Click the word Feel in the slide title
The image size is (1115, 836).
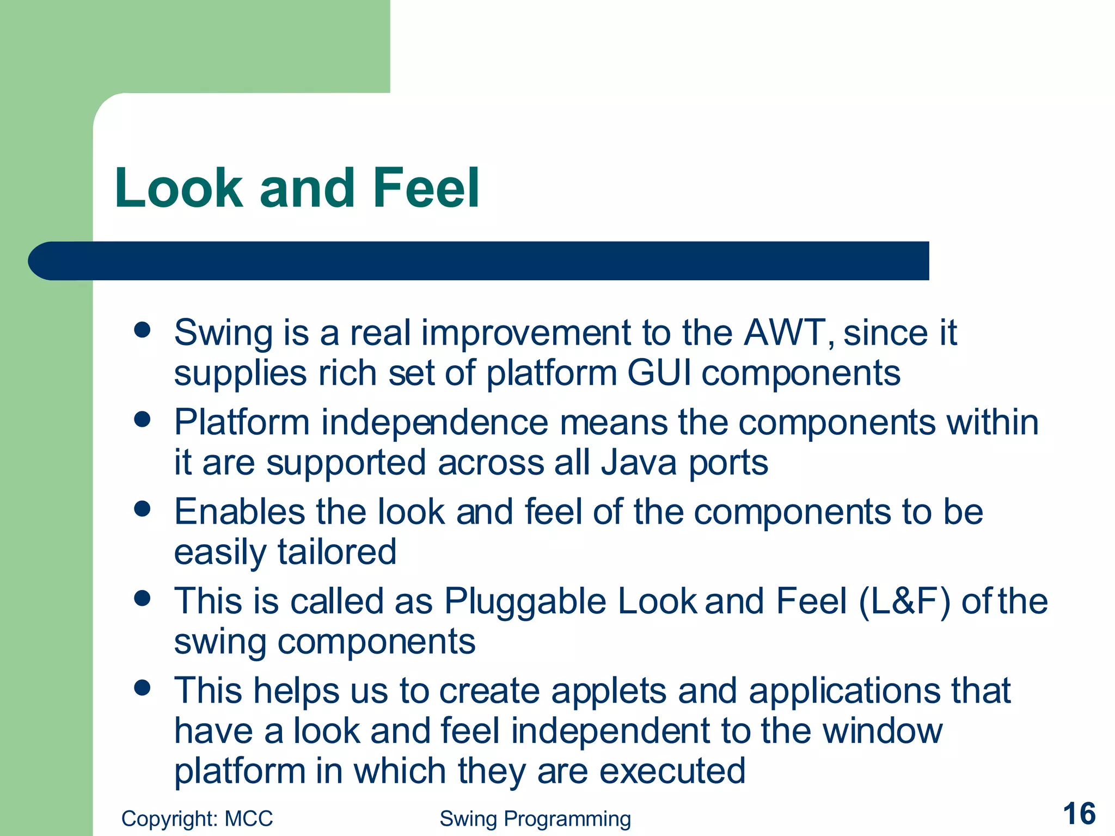tap(426, 188)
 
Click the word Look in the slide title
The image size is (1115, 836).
tap(179, 188)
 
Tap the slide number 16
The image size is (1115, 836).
tap(1079, 814)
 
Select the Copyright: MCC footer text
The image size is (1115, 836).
tap(197, 819)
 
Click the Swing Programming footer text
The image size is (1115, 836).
tap(535, 819)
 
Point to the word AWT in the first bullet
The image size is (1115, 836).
tap(787, 333)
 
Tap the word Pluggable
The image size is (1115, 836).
tap(525, 602)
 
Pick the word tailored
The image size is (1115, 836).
tap(337, 552)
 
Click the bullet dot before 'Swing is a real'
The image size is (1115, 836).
tap(142, 330)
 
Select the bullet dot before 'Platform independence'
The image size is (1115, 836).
tap(142, 420)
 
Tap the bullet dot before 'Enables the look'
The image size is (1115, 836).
tap(142, 509)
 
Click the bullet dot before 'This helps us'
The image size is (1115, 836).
tap(142, 688)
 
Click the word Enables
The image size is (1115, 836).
tap(240, 512)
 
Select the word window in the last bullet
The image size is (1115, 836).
tap(882, 731)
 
